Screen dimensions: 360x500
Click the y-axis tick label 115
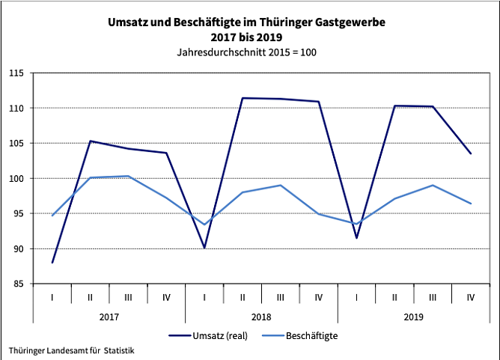(16, 73)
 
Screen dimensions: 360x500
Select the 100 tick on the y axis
(16, 178)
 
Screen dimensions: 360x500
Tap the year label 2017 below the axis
(109, 317)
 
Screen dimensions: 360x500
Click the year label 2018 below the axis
(261, 317)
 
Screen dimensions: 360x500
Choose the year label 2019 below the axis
(413, 317)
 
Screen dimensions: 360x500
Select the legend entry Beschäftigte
(311, 336)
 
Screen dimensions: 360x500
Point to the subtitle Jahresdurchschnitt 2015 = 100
(251, 53)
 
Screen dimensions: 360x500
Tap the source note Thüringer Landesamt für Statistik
(72, 350)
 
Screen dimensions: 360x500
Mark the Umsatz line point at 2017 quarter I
(52, 263)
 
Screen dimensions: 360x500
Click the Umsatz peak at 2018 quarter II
(243, 98)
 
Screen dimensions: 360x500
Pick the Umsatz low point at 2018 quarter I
(204, 248)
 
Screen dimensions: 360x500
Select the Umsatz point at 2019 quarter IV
(471, 153)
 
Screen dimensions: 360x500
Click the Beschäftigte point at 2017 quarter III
(128, 176)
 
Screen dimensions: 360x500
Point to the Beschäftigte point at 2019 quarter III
(433, 185)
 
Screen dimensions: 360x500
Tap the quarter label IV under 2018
(318, 297)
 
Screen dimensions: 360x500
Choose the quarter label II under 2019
(394, 297)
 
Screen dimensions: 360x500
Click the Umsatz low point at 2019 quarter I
(356, 238)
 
